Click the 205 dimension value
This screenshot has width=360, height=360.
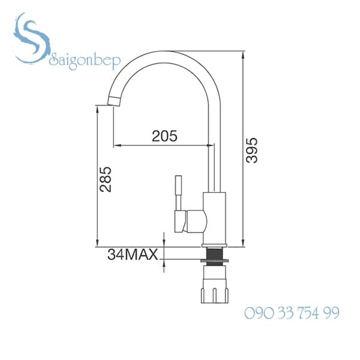[164, 136]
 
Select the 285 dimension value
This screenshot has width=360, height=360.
[106, 179]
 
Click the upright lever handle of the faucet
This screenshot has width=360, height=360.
[178, 192]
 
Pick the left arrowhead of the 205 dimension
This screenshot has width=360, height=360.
[116, 145]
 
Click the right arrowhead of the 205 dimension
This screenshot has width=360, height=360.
[211, 145]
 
